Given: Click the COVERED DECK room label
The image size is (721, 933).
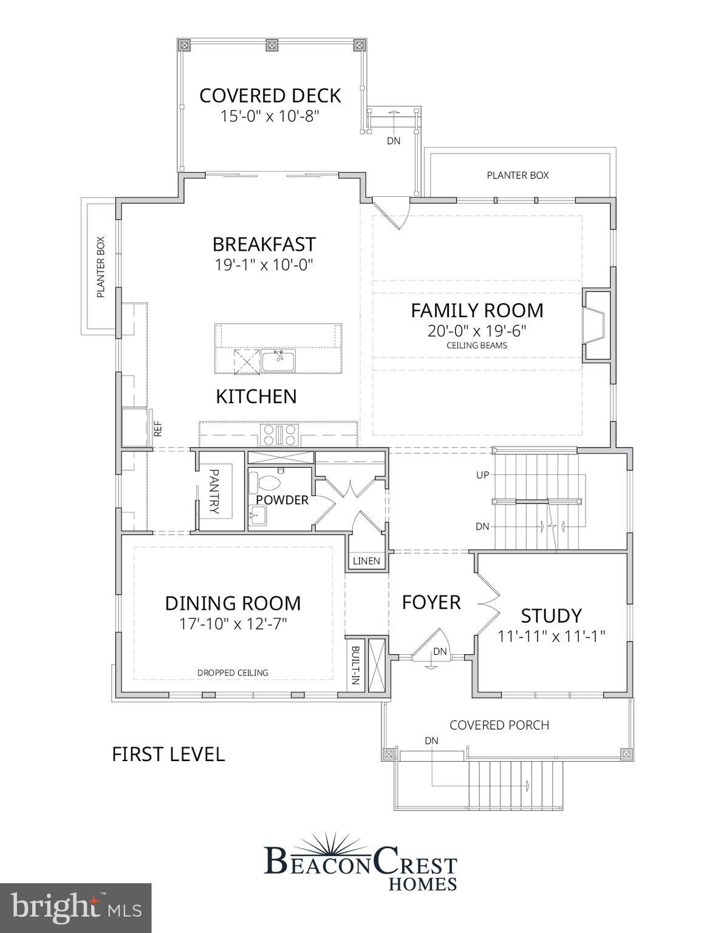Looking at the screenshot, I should [270, 95].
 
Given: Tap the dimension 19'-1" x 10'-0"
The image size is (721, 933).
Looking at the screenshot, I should [264, 265].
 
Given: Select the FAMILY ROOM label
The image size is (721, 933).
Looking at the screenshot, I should [477, 310].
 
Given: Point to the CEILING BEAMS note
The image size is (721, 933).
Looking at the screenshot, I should [477, 346].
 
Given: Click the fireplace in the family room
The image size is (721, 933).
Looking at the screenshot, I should [594, 326].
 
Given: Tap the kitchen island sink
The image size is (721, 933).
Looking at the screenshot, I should [278, 361].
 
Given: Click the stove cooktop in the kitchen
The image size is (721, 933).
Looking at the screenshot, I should [279, 435].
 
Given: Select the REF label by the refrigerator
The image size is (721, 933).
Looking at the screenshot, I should [158, 429].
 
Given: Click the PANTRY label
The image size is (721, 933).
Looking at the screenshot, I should [214, 491].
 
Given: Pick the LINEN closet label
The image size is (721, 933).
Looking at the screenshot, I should [366, 561].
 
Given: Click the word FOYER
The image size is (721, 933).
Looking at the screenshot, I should [431, 603].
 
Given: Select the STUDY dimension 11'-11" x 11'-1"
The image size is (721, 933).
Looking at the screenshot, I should [551, 636].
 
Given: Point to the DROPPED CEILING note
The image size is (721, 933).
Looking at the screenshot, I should [233, 672].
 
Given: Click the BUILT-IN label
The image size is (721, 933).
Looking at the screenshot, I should [355, 665].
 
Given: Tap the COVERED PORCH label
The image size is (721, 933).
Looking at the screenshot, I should [499, 725].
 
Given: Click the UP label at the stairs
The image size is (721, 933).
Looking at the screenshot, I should [482, 475].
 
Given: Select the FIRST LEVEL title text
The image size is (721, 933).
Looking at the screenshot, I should [168, 754].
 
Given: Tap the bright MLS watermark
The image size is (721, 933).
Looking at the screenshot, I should [76, 908].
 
